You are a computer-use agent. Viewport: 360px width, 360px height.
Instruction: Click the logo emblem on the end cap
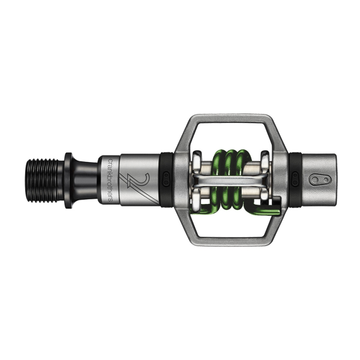pyautogui.click(x=320, y=179)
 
